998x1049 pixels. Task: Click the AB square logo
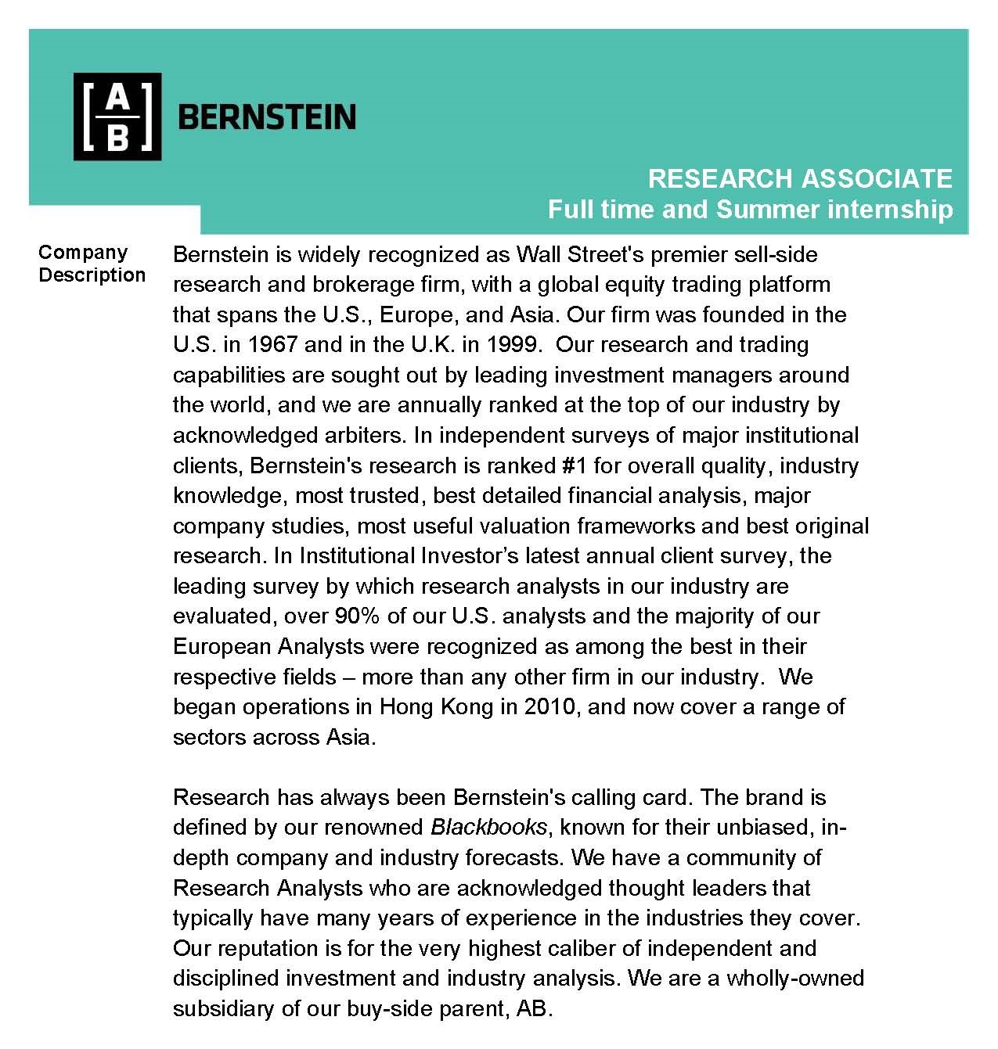[x=117, y=117]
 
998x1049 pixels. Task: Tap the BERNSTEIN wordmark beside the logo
[x=267, y=117]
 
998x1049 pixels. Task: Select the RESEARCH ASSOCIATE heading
[x=799, y=178]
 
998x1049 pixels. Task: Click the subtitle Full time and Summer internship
[x=750, y=210]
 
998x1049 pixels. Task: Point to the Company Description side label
[x=92, y=264]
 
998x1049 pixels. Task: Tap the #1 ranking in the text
[x=575, y=465]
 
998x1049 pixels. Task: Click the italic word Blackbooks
[x=488, y=827]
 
